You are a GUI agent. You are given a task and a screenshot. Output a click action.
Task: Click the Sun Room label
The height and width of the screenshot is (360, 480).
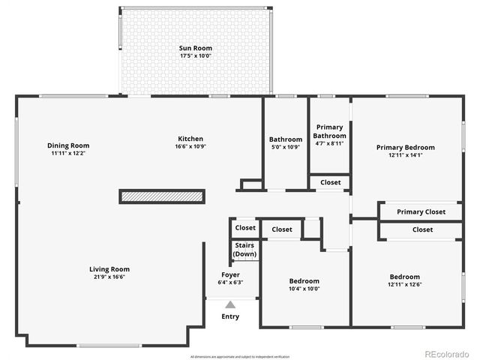(x=196, y=48)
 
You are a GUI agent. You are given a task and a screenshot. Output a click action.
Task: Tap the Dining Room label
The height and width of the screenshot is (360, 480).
(x=68, y=145)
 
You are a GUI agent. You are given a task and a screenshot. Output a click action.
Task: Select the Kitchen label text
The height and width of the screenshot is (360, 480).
(x=190, y=138)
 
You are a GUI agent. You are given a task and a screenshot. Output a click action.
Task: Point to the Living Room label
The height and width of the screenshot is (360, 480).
(x=109, y=269)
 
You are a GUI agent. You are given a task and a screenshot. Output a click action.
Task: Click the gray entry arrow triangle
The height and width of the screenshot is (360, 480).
(x=230, y=304)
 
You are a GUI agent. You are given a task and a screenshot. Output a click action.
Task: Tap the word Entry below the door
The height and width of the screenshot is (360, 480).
(x=230, y=316)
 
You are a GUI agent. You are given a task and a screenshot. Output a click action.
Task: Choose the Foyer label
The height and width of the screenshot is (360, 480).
(x=230, y=274)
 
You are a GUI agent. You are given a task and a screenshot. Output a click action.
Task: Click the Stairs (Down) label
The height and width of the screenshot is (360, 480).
(x=244, y=250)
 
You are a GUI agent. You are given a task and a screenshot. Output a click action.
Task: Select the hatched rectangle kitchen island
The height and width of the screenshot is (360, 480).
(x=162, y=196)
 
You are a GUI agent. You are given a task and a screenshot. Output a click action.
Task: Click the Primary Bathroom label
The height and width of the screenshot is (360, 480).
(x=330, y=131)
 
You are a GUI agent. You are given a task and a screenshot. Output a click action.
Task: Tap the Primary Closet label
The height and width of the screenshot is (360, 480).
(x=421, y=212)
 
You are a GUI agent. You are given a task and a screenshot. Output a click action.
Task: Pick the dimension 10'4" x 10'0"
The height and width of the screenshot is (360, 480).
(x=304, y=289)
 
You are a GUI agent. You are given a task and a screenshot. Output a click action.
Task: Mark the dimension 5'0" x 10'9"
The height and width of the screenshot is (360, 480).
(x=285, y=147)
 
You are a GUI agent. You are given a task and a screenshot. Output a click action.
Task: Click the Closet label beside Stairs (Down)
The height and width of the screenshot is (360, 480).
(x=245, y=228)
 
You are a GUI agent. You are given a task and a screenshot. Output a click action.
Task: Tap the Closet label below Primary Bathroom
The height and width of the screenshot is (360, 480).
(x=330, y=182)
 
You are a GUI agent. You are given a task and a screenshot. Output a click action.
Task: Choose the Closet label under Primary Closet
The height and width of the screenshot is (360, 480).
(x=422, y=230)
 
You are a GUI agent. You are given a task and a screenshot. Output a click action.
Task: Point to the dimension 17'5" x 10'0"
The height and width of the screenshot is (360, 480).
(x=196, y=55)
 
